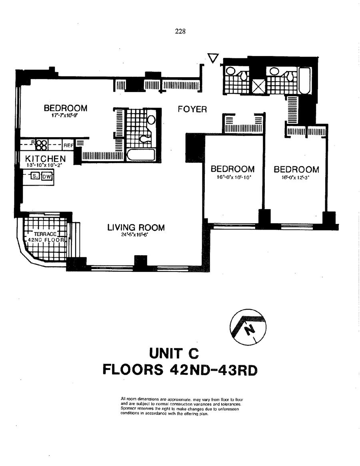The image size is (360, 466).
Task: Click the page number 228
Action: point(180,31)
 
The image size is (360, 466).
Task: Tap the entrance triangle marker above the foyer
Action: point(213,58)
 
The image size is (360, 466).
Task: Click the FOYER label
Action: point(192,109)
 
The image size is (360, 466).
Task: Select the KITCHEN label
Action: point(45,159)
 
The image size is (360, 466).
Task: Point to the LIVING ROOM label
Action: point(136,228)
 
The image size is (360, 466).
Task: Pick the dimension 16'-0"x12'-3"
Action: point(296,178)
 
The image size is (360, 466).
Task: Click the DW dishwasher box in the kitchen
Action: point(47,176)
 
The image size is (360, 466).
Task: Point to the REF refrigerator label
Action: point(68,146)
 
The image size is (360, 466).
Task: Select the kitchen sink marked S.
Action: point(35,176)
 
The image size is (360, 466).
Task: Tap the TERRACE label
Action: point(45,234)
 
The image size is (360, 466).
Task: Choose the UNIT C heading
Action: point(174,354)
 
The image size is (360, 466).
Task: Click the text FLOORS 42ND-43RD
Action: point(180,370)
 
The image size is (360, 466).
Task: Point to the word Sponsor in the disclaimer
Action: point(127,409)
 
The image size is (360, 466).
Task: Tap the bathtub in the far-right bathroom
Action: point(304,81)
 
